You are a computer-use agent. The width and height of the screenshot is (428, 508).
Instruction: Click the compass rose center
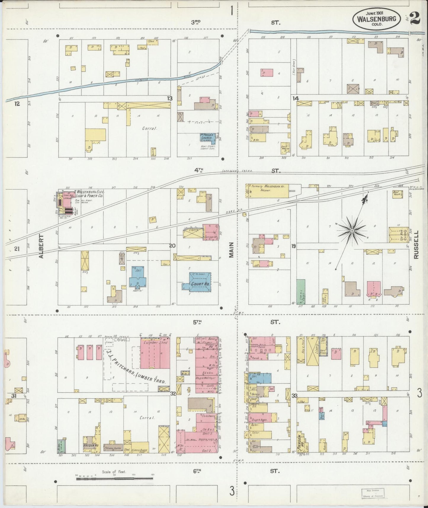[352, 231]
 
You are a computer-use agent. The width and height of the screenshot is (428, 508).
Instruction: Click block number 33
[294, 396]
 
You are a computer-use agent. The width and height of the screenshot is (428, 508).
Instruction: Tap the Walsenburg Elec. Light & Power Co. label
[89, 194]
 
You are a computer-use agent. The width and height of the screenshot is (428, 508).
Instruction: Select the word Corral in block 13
[149, 129]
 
